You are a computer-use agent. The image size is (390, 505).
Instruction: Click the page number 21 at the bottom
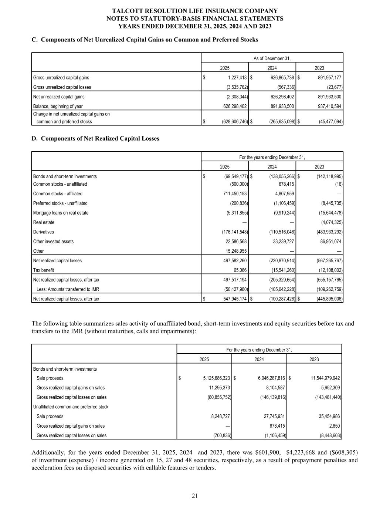[x=195, y=496]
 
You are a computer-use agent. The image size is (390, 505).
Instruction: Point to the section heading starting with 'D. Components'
[x=95, y=138]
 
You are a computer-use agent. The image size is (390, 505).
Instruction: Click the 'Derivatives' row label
[x=43, y=232]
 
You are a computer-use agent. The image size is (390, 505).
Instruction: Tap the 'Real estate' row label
[x=44, y=222]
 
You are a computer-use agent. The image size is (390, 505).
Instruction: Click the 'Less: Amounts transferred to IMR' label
[x=68, y=289]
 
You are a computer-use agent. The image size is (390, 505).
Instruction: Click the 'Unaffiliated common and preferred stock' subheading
[x=71, y=407]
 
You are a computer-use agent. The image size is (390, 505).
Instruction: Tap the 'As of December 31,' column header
[x=272, y=58]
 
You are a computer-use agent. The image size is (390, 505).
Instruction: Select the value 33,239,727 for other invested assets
[x=282, y=242]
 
